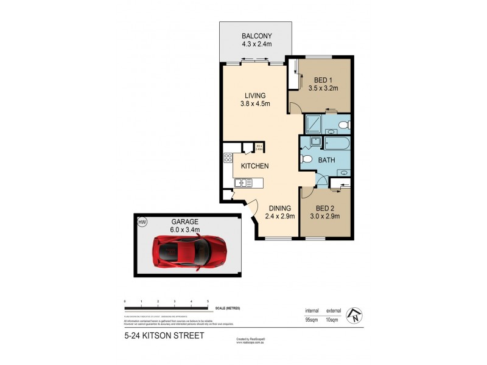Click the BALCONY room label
coord(256,35)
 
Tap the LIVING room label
coord(256,96)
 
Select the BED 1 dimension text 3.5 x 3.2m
coord(323,89)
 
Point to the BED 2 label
coord(323,207)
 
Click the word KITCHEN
coord(255,166)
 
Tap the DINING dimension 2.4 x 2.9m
coord(280,215)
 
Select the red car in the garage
coord(190,250)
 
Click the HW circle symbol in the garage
coord(142,223)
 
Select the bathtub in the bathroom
coord(337,144)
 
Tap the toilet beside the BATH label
coord(308,160)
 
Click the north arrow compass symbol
coord(354,315)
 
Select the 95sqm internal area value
coord(312,319)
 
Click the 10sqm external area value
coord(333,319)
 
